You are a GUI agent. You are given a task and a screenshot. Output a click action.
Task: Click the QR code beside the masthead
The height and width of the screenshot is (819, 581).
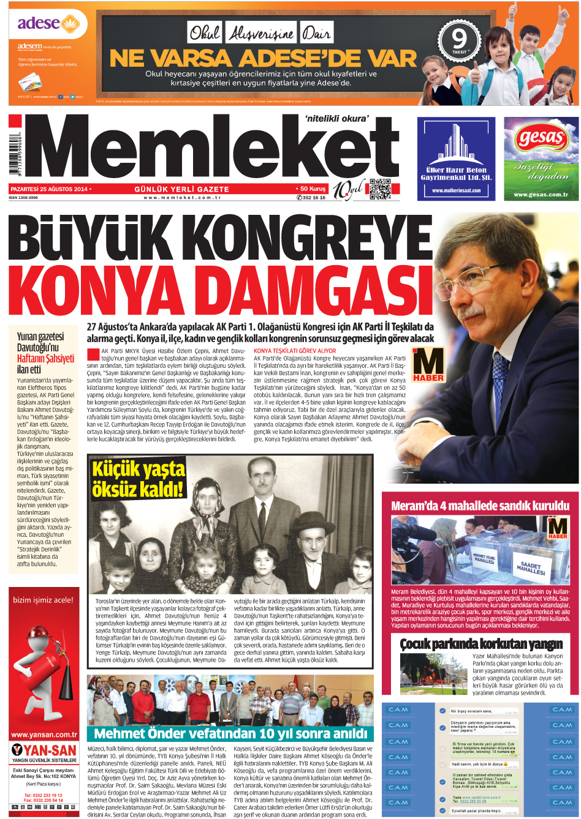(379, 189)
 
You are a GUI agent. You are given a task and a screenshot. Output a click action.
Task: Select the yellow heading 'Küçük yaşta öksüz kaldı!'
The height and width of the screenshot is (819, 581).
(139, 479)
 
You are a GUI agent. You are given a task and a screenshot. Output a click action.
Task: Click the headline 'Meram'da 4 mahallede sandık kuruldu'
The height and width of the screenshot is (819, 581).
(480, 506)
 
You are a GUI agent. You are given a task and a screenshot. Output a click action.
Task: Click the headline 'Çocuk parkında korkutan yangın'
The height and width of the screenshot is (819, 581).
(481, 644)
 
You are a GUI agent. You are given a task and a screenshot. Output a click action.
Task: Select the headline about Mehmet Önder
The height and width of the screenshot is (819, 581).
(230, 734)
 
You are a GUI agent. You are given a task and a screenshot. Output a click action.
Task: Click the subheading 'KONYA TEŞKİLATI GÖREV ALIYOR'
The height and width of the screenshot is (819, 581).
(295, 351)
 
